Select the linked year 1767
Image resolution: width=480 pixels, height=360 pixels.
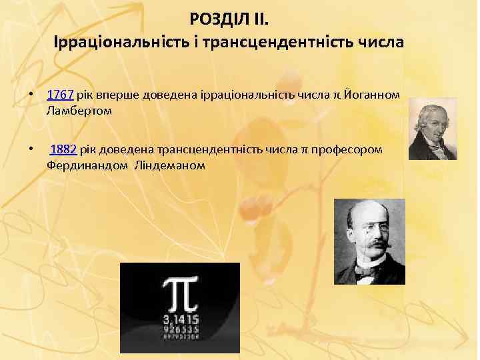(x=59, y=95)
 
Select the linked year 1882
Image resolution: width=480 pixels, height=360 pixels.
(x=63, y=149)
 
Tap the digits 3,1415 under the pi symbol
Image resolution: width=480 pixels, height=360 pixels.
(x=179, y=319)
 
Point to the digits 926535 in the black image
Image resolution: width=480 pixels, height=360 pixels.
(x=179, y=329)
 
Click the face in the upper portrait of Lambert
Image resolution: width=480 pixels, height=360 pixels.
(x=429, y=120)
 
